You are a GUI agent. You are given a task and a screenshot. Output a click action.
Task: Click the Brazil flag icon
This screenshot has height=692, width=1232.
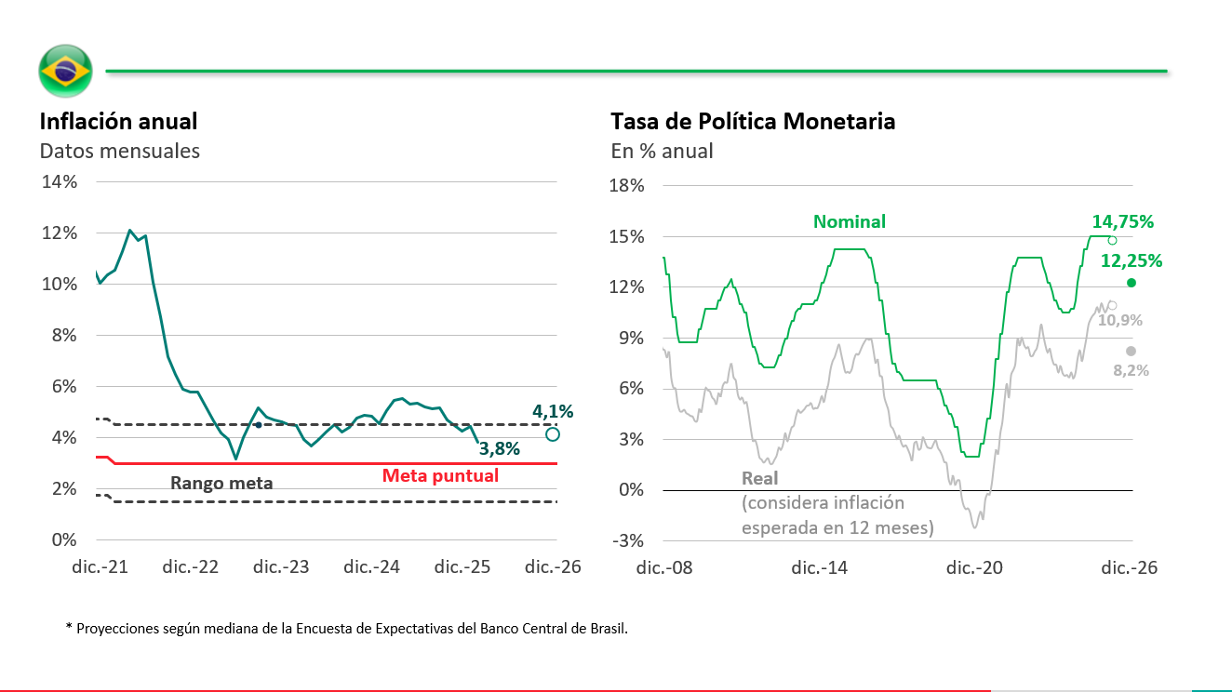click(65, 70)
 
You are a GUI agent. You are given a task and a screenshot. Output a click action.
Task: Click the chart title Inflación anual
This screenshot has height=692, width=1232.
click(118, 122)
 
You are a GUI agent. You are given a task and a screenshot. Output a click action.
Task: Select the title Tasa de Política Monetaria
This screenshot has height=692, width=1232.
click(753, 122)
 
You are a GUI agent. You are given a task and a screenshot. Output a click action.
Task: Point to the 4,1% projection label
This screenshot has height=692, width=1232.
click(553, 410)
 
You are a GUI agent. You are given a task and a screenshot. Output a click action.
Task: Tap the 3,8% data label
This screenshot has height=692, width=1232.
click(499, 449)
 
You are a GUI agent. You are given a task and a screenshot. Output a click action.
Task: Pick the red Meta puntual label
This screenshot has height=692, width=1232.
click(440, 475)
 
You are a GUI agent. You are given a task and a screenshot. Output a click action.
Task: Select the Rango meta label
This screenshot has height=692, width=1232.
click(221, 483)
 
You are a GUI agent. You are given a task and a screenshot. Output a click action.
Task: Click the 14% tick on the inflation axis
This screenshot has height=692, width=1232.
click(59, 181)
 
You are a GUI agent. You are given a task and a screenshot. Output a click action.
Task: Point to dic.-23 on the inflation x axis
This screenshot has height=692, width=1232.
click(282, 567)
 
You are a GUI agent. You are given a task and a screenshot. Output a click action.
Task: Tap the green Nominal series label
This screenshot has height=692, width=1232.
click(849, 221)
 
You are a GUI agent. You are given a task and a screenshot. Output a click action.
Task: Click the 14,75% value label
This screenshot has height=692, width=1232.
click(1122, 222)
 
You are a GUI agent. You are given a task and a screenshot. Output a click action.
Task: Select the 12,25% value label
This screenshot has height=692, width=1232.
click(1132, 261)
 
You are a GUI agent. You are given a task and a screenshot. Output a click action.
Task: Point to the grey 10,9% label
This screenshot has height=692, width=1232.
click(1120, 320)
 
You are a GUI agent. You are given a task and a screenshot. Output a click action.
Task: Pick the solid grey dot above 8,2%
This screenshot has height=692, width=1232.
click(1132, 351)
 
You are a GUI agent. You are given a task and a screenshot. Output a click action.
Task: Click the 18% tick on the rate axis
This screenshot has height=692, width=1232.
click(625, 186)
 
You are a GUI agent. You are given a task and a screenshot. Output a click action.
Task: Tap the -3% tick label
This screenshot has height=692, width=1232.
click(626, 540)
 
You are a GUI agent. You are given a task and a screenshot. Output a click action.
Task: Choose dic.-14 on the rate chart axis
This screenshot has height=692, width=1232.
click(819, 567)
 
